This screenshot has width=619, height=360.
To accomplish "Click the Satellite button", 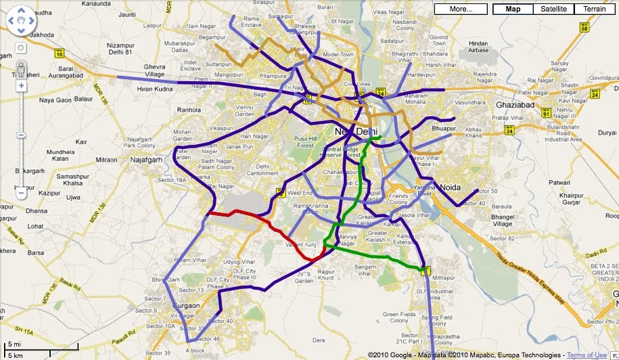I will (x=553, y=9).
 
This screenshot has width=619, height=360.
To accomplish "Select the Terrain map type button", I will (x=593, y=9).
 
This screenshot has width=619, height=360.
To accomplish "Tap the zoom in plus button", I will (x=21, y=86).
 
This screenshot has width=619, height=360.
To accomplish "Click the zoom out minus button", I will (x=21, y=193).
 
